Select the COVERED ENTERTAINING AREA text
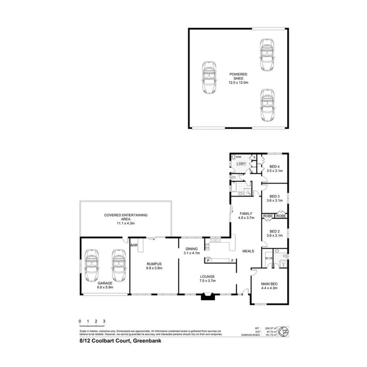tap(126, 219)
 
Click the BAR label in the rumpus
tap(134, 245)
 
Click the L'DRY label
tap(241, 164)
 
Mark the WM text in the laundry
tap(239, 157)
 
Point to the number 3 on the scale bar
tap(104, 321)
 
